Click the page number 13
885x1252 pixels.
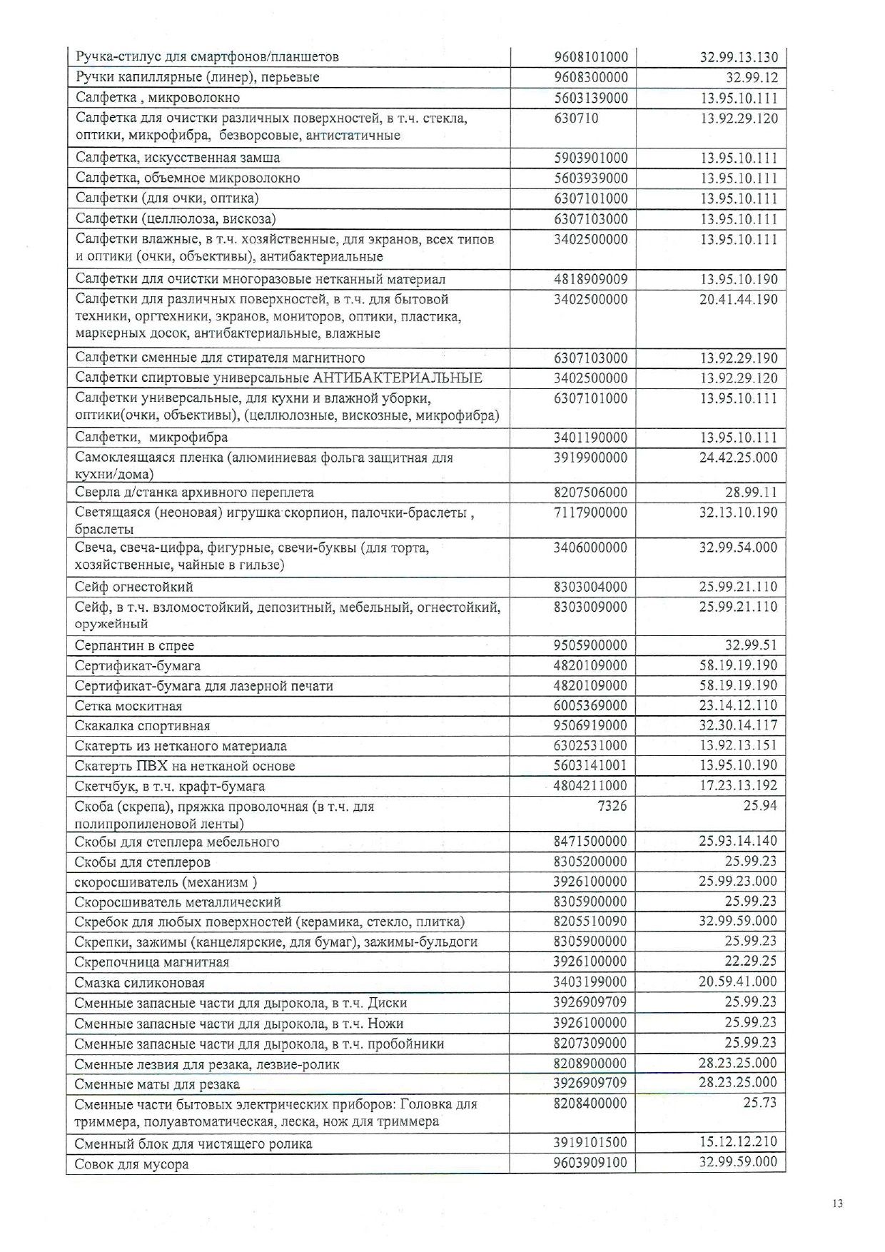click(x=837, y=1203)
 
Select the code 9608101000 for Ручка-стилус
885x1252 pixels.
click(x=591, y=57)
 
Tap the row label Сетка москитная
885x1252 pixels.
click(x=128, y=706)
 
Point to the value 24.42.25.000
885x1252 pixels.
click(x=738, y=458)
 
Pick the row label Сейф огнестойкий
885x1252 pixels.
click(x=134, y=587)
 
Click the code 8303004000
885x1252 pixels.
click(x=590, y=587)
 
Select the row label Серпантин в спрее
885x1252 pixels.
click(x=134, y=645)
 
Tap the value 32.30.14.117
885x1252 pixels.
click(x=738, y=725)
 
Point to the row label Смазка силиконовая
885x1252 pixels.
click(x=140, y=982)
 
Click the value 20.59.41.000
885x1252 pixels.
click(x=738, y=981)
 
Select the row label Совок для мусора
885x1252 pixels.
click(x=132, y=1164)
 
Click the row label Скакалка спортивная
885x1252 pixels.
click(x=143, y=726)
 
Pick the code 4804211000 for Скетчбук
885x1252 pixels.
click(x=590, y=786)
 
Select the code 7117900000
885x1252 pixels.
click(x=590, y=513)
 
